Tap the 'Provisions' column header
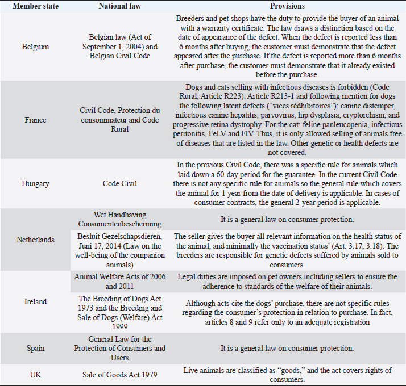287,6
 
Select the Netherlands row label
35,240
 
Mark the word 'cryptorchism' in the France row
337,120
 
